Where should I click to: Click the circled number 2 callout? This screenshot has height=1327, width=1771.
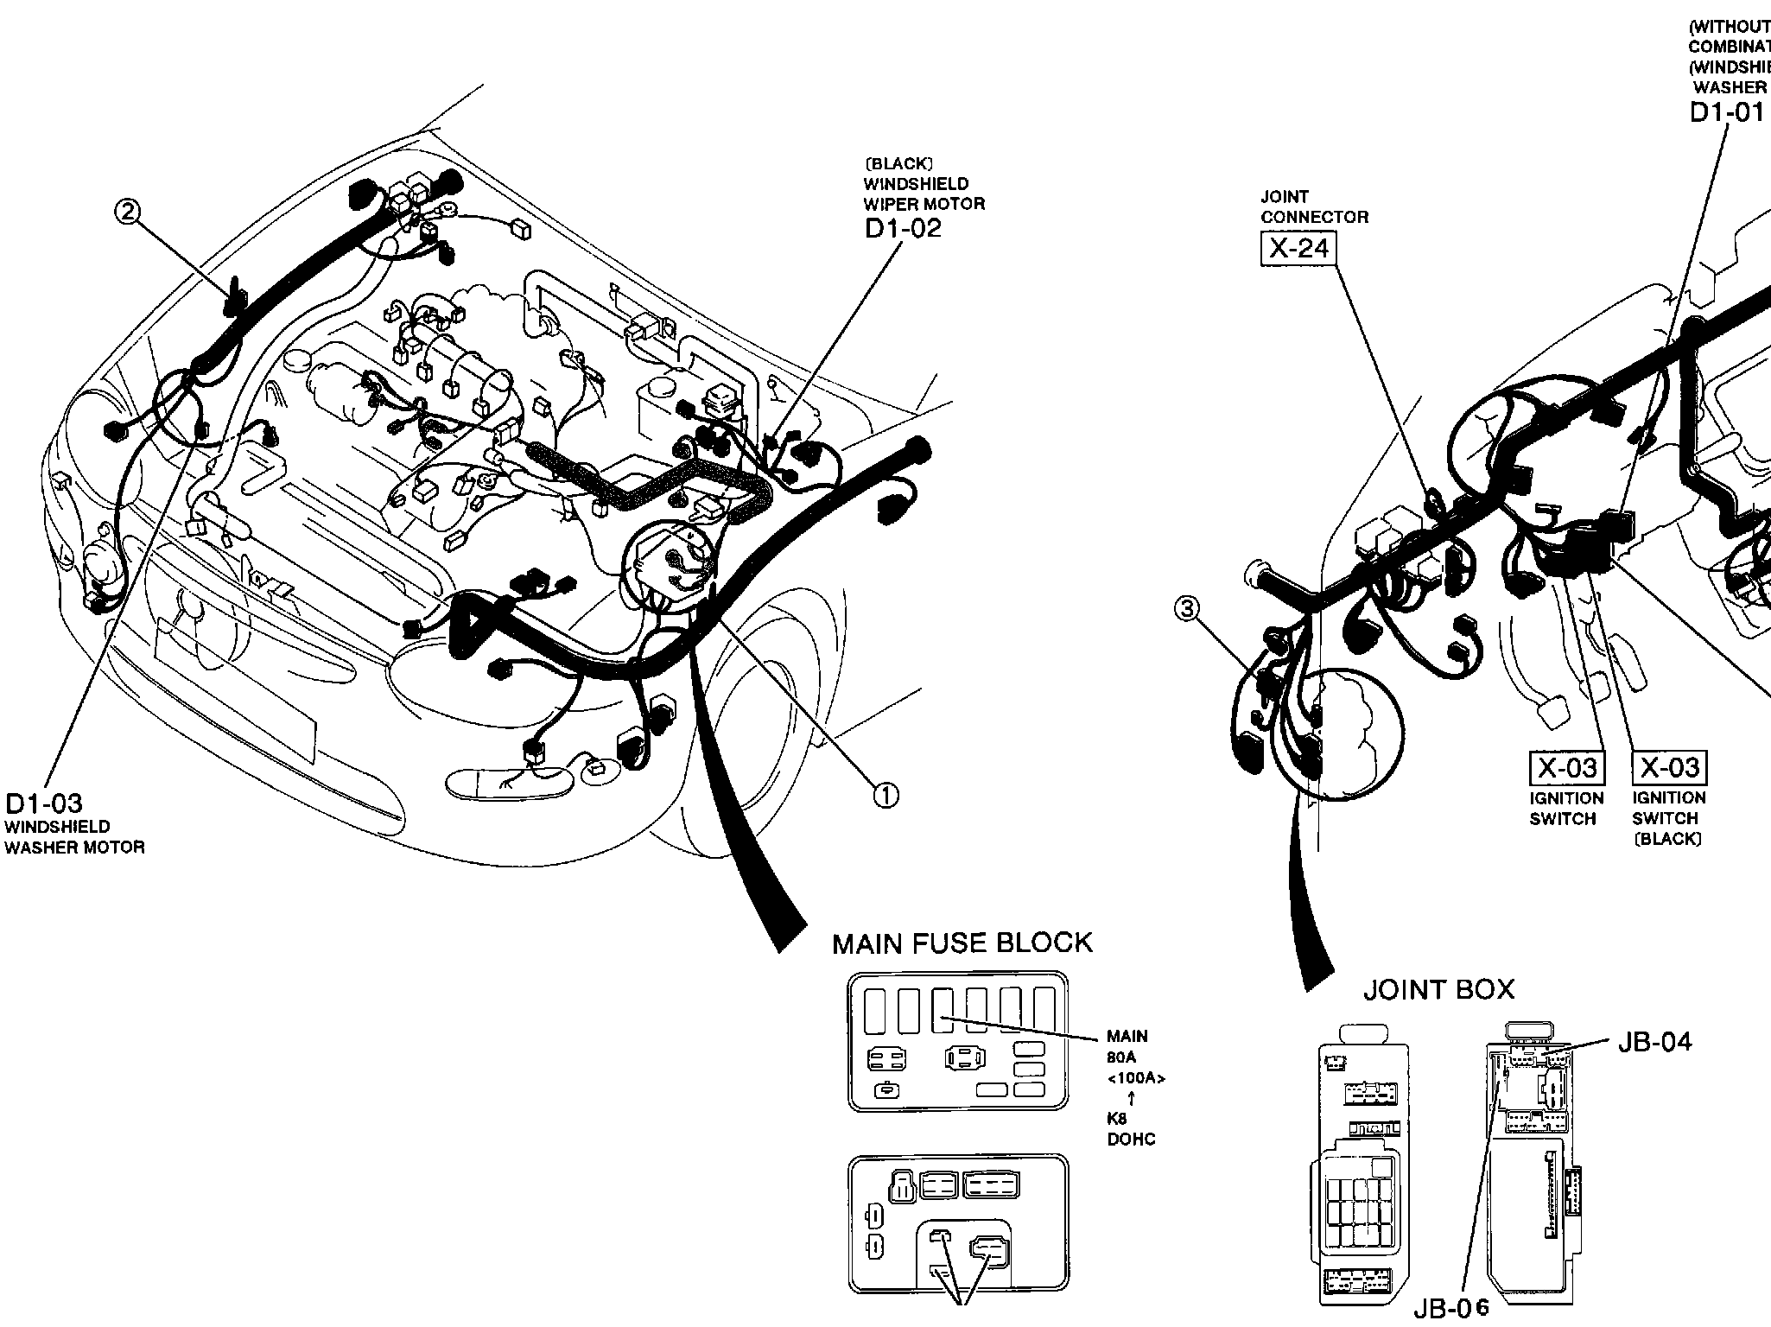128,212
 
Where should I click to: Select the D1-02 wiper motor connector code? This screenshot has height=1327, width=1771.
903,229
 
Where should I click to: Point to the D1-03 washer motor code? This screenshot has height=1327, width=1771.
44,803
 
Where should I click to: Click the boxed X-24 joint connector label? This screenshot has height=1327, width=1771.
1298,249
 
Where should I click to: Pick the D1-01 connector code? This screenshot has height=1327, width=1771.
1726,113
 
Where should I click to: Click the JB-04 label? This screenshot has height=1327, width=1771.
1654,1042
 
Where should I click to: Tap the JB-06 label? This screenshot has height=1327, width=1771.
1452,1310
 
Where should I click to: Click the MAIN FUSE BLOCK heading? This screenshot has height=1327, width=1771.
962,943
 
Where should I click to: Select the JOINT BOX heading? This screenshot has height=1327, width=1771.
1438,989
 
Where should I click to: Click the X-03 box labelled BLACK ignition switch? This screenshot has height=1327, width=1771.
1669,767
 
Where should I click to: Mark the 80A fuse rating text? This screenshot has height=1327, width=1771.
1121,1057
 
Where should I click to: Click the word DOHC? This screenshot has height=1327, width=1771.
1131,1140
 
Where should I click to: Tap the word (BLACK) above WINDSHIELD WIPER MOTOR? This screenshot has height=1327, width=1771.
898,163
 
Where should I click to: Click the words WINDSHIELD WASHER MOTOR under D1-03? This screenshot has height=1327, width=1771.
74,837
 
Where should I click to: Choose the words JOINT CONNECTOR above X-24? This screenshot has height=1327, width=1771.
1314,206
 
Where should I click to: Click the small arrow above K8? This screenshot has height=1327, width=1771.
1131,1099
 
